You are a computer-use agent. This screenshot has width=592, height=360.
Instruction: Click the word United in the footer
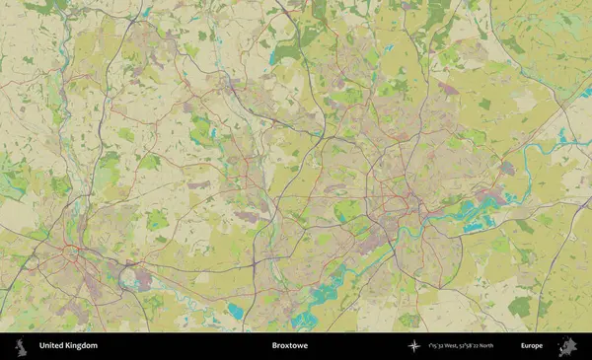point(52,346)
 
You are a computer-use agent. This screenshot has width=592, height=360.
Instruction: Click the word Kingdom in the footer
point(82,346)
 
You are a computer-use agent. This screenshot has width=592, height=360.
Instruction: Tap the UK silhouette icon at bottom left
point(19,346)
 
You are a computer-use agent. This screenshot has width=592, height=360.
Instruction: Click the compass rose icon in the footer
point(413,346)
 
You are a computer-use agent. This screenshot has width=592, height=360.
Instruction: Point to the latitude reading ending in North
point(487,346)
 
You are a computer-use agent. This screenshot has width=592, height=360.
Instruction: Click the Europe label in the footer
point(531,346)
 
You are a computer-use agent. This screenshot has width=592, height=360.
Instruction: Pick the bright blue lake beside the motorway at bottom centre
point(236,312)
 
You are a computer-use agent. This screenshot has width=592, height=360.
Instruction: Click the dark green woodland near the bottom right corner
point(520,307)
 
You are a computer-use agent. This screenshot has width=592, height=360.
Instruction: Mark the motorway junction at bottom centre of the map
point(255,268)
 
